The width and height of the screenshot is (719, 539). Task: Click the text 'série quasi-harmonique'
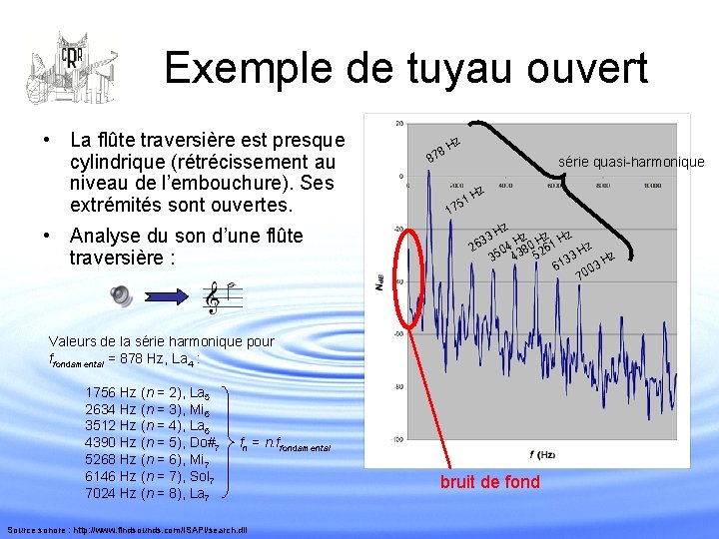coord(631,162)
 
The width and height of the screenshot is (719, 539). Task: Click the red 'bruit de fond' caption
coord(489,482)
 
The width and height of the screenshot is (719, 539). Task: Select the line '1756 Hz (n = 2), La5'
coord(149,392)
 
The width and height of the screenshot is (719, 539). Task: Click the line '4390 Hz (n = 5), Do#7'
coord(153,442)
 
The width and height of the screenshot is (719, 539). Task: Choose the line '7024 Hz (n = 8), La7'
coord(149,493)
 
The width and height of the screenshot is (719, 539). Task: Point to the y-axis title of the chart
coord(380,282)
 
